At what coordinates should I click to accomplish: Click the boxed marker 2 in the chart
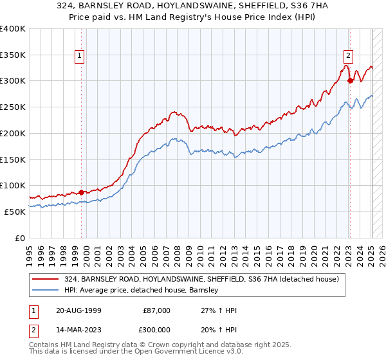click(x=348, y=56)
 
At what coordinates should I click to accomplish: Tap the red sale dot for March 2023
click(x=350, y=80)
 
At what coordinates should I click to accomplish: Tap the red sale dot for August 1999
click(x=81, y=192)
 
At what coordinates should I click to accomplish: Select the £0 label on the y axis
click(x=20, y=238)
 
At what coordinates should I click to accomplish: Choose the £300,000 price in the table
click(x=156, y=329)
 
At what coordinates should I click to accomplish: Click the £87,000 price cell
click(x=156, y=310)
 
